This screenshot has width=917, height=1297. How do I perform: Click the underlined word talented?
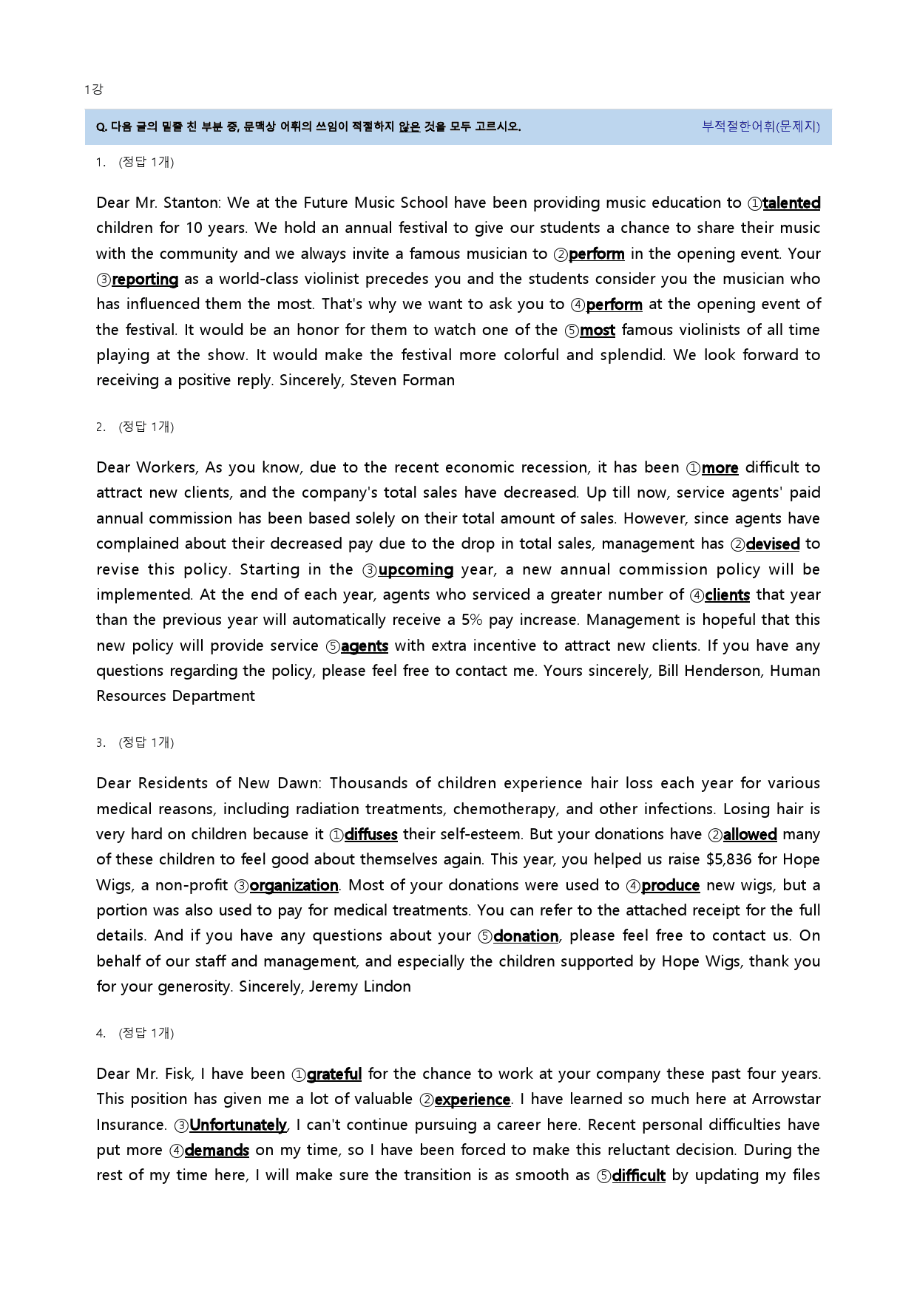(791, 203)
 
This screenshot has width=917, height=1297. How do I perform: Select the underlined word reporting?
(145, 280)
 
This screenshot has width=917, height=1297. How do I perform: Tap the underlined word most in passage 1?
(598, 331)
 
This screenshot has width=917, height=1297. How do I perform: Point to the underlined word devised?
(773, 544)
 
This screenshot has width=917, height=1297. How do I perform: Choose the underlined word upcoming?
(416, 570)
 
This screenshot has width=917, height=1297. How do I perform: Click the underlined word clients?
(727, 595)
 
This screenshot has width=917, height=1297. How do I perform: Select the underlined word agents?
(365, 646)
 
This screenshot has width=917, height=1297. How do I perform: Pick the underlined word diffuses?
(370, 835)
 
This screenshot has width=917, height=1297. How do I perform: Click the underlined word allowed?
(750, 835)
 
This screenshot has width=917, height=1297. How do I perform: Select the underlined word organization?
(294, 886)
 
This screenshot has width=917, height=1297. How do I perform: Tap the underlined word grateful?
(334, 1074)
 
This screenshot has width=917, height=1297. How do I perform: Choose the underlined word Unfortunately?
(238, 1125)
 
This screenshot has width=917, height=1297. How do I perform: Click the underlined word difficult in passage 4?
(639, 1176)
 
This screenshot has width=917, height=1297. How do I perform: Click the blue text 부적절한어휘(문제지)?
(761, 126)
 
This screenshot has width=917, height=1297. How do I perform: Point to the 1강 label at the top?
(94, 89)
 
